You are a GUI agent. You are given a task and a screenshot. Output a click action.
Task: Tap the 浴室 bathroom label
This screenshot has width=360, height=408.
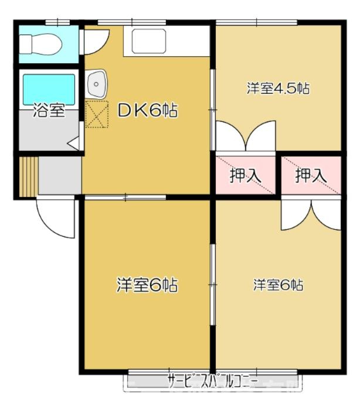(49, 111)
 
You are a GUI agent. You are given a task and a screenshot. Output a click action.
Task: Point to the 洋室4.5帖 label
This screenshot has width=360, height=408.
(277, 89)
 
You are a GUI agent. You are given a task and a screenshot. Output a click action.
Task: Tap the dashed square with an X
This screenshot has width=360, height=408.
(97, 114)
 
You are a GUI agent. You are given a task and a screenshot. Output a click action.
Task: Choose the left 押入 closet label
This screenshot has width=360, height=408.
(244, 175)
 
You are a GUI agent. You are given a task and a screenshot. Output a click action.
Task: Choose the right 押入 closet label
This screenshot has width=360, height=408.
(310, 175)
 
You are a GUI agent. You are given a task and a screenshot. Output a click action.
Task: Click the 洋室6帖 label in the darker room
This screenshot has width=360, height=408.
(147, 285)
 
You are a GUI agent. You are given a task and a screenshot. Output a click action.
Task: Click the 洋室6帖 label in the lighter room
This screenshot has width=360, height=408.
(279, 285)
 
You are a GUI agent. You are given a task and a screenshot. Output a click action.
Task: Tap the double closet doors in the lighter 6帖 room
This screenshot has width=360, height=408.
(311, 215)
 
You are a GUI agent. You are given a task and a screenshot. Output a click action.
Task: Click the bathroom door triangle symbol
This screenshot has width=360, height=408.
(74, 143)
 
